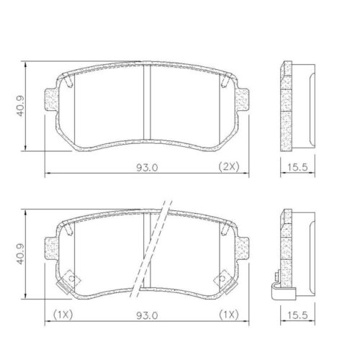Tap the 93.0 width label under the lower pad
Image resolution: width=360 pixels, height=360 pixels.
(x=148, y=314)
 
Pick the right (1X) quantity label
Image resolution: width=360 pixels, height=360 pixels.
(x=228, y=314)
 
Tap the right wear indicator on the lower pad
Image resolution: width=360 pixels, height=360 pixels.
(x=224, y=276)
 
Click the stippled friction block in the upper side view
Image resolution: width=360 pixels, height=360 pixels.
(x=285, y=108)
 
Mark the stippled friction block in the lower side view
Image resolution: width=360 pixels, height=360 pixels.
(x=285, y=248)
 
